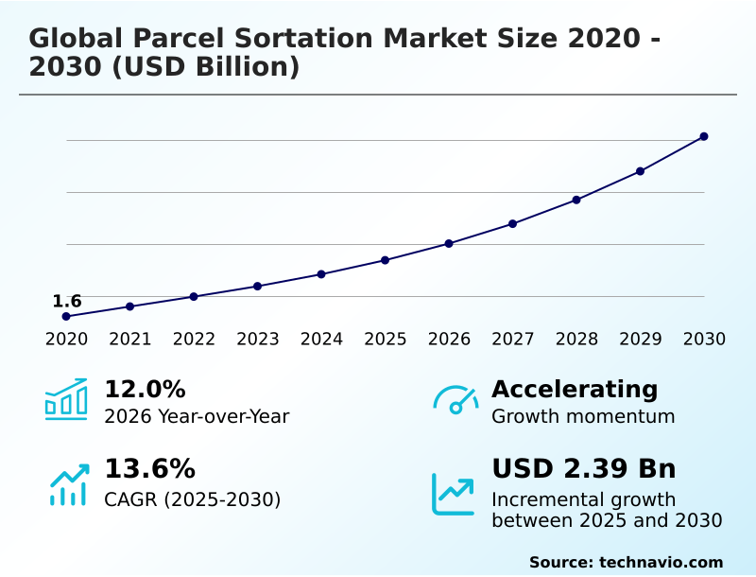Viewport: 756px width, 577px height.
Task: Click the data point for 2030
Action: (704, 136)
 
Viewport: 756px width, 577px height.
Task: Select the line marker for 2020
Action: (66, 316)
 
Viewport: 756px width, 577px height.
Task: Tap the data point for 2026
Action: (449, 244)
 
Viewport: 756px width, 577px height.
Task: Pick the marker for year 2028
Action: (576, 200)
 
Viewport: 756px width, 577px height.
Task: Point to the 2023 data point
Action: (257, 286)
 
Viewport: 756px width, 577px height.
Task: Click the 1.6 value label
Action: (66, 301)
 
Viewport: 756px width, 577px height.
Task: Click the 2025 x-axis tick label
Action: (386, 340)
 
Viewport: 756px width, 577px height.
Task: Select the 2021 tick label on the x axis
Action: (130, 340)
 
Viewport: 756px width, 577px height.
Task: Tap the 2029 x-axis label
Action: (641, 340)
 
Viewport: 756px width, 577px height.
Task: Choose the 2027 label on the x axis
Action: (513, 340)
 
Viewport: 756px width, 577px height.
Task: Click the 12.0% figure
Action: (145, 389)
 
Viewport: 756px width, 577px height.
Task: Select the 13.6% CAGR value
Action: (149, 469)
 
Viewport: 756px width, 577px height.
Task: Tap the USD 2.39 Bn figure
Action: (583, 469)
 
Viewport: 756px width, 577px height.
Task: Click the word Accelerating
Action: (575, 389)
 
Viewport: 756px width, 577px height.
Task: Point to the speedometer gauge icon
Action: (455, 399)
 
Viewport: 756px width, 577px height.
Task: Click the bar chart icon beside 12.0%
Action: (66, 399)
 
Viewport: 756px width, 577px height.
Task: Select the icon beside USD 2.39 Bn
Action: (453, 494)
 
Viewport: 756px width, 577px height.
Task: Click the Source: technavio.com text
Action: (626, 562)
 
